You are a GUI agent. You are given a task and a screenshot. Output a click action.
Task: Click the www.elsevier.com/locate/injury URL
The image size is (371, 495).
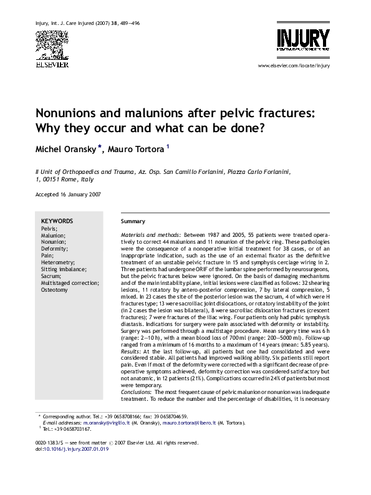click(x=294, y=65)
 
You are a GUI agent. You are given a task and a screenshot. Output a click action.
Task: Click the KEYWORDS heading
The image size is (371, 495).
click(x=57, y=221)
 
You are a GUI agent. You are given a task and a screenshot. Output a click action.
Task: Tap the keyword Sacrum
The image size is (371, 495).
click(x=52, y=276)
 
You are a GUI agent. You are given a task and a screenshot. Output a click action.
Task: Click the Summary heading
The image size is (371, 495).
click(x=133, y=221)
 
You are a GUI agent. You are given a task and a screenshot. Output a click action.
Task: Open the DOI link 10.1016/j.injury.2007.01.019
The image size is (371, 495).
click(x=76, y=449)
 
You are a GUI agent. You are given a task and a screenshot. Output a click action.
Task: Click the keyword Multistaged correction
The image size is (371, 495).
click(x=69, y=283)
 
